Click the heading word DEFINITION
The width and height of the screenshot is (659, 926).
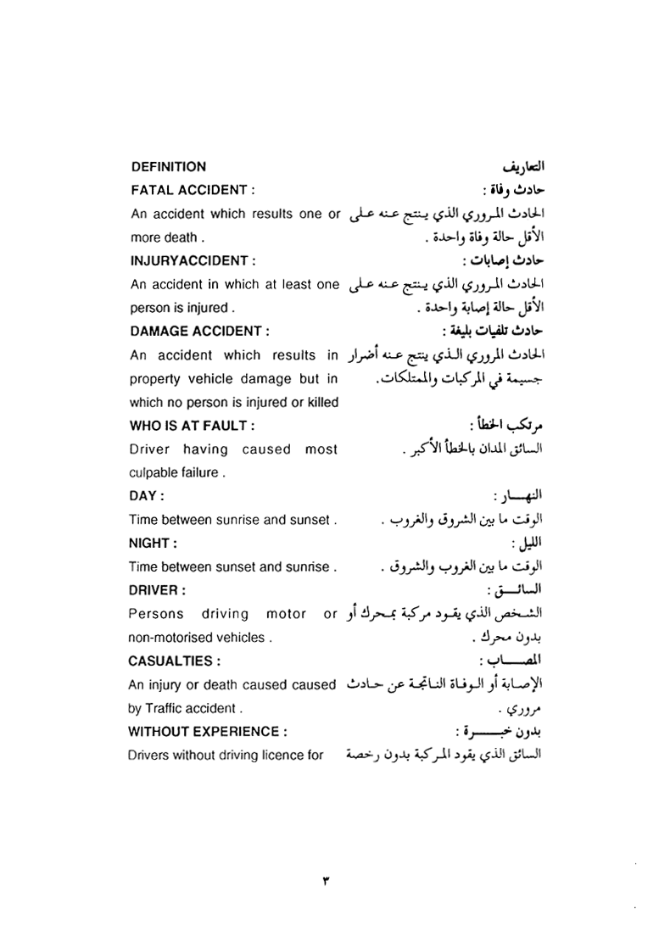point(168,167)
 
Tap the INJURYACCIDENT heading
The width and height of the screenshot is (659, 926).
point(191,260)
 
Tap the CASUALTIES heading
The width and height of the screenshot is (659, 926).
point(173,660)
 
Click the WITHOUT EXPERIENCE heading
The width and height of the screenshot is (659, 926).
point(204,730)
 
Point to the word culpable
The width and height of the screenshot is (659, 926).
point(151,472)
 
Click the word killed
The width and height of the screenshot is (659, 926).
point(321,402)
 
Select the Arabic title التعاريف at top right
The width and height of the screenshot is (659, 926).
point(511,166)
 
